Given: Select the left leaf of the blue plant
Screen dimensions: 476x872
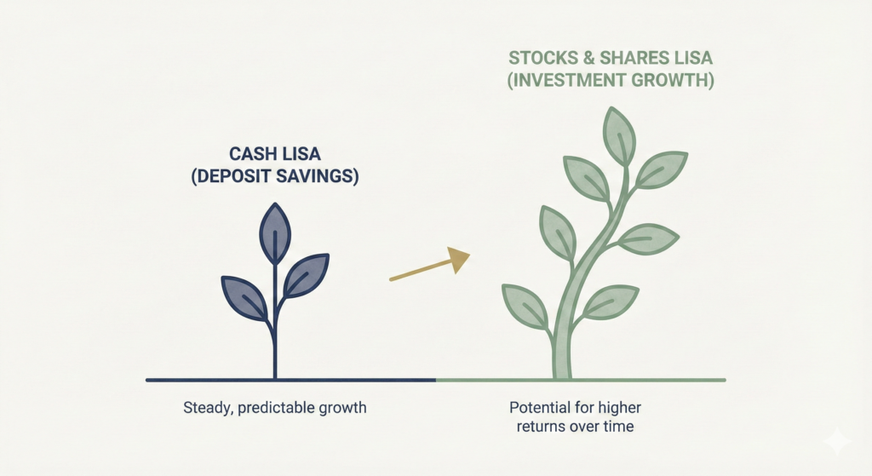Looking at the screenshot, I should tap(244, 297).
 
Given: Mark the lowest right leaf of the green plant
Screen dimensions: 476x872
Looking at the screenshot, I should tap(611, 301).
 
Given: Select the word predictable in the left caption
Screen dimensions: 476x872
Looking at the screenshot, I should tap(280, 408).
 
